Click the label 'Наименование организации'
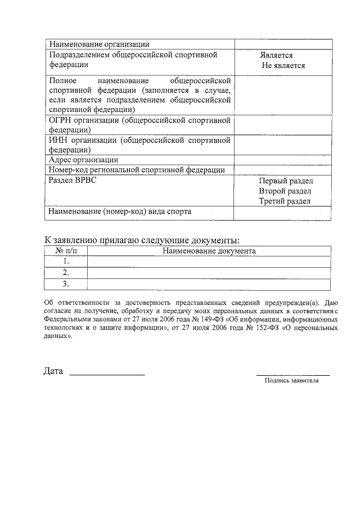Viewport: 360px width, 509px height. (99, 44)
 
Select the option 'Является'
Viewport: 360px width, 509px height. (276, 56)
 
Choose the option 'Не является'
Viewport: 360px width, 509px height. (283, 65)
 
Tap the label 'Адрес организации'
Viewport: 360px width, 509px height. (83, 160)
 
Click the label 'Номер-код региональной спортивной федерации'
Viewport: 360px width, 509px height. (137, 170)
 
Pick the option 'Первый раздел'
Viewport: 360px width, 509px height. (286, 181)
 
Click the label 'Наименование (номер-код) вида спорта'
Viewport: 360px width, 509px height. (120, 212)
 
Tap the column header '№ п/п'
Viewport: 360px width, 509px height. (66, 251)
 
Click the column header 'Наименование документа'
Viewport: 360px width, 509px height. (209, 251)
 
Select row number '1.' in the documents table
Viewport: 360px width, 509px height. (66, 262)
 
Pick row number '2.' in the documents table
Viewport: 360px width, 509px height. (66, 272)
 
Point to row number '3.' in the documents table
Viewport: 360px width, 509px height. (66, 283)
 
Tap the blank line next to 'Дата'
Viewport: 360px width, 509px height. (107, 372)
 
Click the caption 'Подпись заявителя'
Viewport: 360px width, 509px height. (292, 381)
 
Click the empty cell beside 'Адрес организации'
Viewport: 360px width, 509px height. (282, 160)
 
